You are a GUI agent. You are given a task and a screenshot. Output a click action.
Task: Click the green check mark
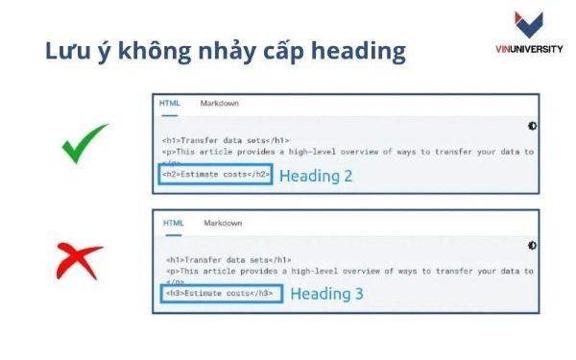pos(84,146)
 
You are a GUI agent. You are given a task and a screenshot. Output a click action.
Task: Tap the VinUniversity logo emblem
pos(529,26)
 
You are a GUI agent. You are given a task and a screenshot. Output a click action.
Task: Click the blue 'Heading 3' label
pos(326,294)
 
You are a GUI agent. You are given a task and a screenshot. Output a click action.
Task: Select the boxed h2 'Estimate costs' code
pos(214,175)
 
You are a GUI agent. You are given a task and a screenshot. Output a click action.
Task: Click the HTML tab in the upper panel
pos(169,104)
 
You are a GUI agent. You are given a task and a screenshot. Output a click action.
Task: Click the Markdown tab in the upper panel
pos(219,104)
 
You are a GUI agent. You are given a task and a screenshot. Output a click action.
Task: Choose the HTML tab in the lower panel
pos(173,223)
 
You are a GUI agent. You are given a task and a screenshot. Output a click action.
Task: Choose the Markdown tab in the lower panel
pos(223,223)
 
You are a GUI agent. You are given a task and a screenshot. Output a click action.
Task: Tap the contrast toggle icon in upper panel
pos(532,126)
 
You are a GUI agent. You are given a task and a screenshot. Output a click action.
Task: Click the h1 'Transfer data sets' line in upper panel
pos(226,140)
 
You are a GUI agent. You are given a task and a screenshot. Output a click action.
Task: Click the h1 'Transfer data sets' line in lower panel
pos(228,259)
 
